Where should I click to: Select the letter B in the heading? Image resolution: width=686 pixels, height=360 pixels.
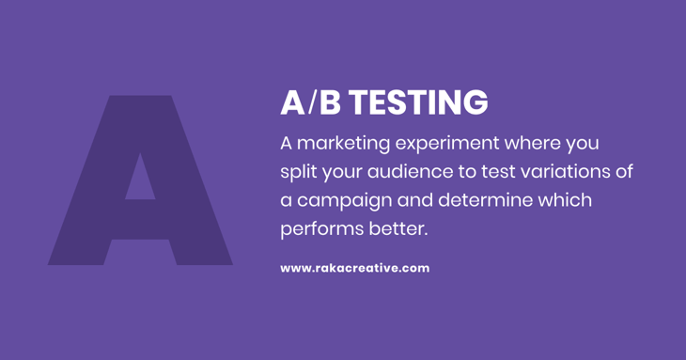(330, 102)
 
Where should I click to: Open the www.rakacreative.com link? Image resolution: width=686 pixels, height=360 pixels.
(354, 268)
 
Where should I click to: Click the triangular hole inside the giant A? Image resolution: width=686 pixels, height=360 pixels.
(140, 179)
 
